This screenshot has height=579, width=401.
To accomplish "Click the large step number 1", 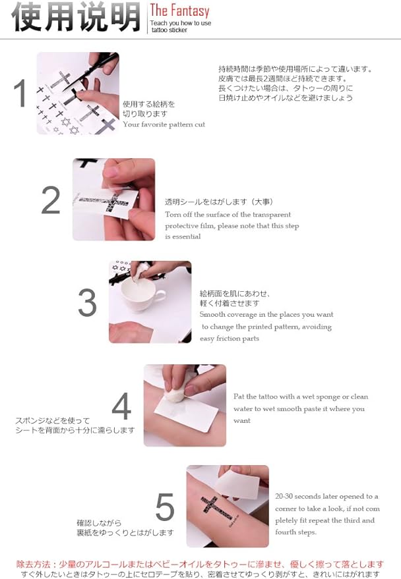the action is pos(20,93).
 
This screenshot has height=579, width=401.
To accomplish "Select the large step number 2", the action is pos(51,200).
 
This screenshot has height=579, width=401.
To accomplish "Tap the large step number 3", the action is pos(87,302).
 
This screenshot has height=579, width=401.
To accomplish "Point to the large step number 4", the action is pos(121,406).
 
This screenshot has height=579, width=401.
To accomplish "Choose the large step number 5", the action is pos(165,507).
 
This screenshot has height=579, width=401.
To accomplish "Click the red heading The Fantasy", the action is pos(179,11).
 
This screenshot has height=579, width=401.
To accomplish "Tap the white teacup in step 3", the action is pos(142,292).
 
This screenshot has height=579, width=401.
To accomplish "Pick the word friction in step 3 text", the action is pos(228,338).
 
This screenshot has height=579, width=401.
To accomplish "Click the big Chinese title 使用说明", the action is pos(76,16).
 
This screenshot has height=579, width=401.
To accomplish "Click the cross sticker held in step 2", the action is pos(106,203).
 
